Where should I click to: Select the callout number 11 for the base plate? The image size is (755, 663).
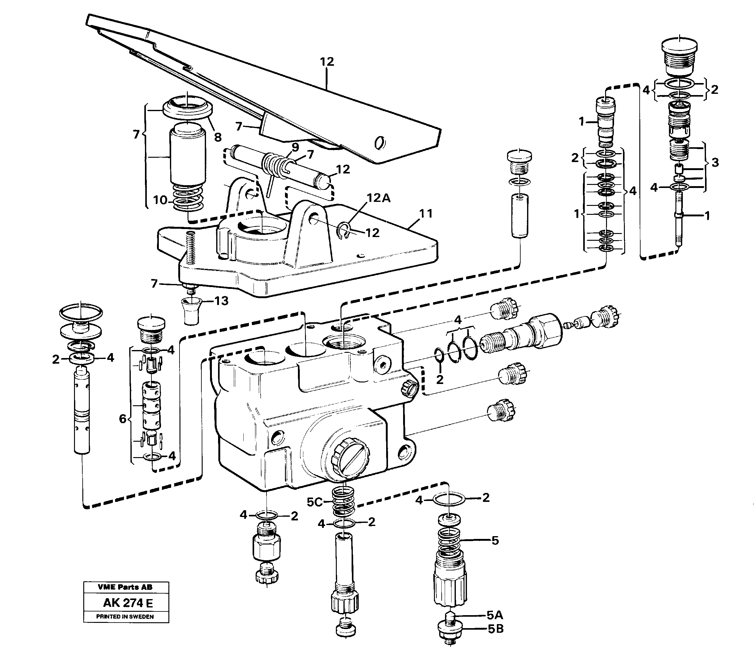pos(426,213)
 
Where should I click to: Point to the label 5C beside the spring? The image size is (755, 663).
pos(315,502)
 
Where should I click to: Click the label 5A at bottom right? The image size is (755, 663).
pos(495,615)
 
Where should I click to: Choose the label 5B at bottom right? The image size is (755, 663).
pos(495,629)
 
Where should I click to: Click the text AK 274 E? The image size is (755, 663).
pos(127,603)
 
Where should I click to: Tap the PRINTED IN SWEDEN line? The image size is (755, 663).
pos(125,616)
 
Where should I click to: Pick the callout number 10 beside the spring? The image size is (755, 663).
pos(160,200)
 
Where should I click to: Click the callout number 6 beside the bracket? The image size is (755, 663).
pos(123,419)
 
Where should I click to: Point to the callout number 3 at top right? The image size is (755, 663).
pos(715,163)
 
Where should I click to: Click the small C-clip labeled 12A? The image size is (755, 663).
pos(344,232)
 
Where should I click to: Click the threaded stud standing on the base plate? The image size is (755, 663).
pos(190,248)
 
